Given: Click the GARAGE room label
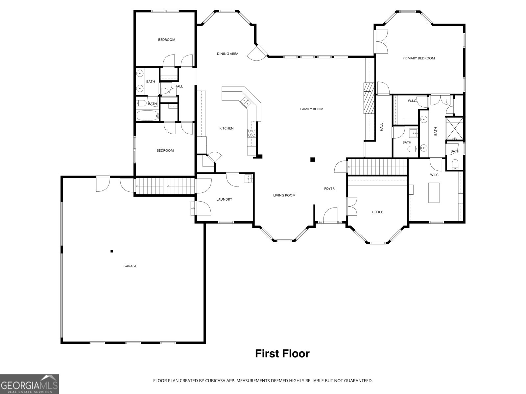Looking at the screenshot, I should [130, 266].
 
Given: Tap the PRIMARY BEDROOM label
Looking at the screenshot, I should [418, 58].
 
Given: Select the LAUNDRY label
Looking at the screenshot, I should [224, 199].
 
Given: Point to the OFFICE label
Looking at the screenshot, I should [377, 212].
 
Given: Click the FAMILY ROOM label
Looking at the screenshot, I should [311, 109].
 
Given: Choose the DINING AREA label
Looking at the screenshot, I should [227, 54].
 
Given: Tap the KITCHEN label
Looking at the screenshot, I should [226, 128].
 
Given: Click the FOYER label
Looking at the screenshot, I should [329, 188].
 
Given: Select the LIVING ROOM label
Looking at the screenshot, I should [284, 195].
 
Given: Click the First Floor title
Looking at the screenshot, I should [282, 354].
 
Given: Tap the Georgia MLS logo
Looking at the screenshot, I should [29, 384].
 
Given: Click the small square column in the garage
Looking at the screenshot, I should [112, 252].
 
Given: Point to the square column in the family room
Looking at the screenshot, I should [313, 160].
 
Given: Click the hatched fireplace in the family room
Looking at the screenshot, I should [369, 98].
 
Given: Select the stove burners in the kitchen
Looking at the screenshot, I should [251, 133].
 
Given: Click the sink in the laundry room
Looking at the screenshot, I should [248, 179].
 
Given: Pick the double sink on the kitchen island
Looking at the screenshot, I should [246, 102].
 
